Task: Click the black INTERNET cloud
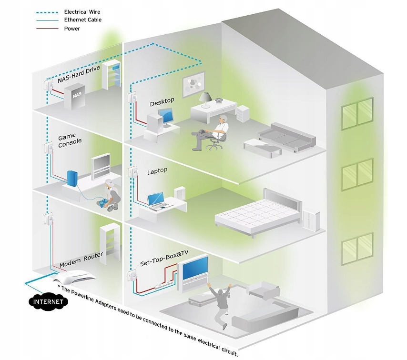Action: [48, 301]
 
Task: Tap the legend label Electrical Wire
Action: [82, 12]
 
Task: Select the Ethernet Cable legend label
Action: [83, 20]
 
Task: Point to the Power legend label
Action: [72, 29]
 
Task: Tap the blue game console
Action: [72, 178]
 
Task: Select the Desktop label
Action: [162, 102]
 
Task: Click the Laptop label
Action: [157, 171]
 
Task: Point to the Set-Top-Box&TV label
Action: [164, 258]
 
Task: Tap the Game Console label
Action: [70, 140]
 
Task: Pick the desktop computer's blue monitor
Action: [166, 117]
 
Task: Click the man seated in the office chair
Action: [210, 132]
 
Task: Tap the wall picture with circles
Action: [193, 85]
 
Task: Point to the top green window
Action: [357, 114]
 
